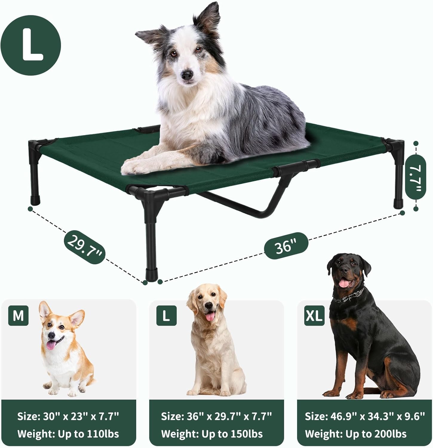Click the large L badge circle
tap(31, 45)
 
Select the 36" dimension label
tap(286, 246)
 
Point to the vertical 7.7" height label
tap(416, 176)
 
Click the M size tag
tap(19, 315)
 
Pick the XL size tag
tap(314, 315)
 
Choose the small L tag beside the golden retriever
tap(166, 315)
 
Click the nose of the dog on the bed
tap(188, 75)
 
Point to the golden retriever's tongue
tap(210, 316)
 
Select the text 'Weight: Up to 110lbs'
tap(68, 434)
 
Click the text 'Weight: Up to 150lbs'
tap(212, 434)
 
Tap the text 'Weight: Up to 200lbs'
tap(356, 434)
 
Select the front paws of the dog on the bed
tap(140, 166)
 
